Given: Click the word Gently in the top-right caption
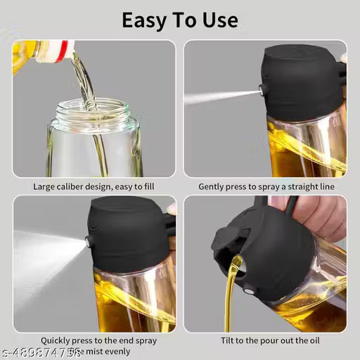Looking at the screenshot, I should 214,186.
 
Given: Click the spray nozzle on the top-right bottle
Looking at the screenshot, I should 262,90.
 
